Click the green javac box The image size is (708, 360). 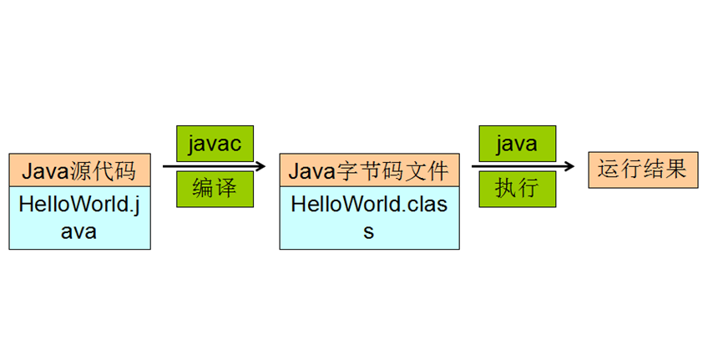click(215, 144)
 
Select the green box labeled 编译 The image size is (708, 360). click(215, 188)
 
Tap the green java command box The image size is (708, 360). click(516, 144)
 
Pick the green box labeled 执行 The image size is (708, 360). click(516, 188)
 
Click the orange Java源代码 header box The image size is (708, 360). click(79, 171)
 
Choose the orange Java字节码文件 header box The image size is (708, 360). click(370, 171)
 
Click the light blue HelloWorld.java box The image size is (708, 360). click(79, 218)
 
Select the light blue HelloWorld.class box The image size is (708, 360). click(370, 218)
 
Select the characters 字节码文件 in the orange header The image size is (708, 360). click(392, 172)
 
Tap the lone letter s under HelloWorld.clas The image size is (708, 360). click(368, 231)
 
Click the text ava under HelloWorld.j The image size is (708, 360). click(79, 231)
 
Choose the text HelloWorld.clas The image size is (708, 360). click(368, 205)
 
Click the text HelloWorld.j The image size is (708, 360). click(79, 205)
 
